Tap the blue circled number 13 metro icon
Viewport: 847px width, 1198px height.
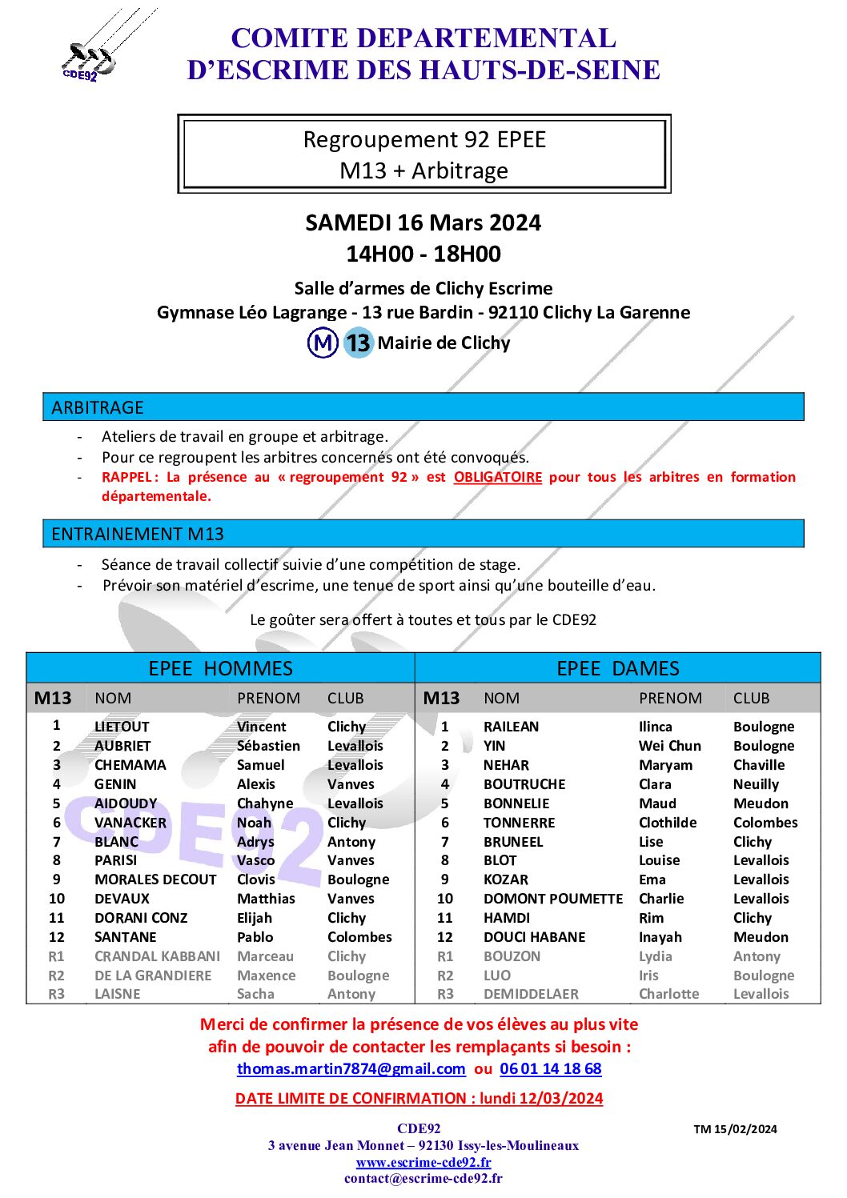[358, 343]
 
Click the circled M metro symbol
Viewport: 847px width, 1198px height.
[323, 343]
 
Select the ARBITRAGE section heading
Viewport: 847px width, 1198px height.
[98, 407]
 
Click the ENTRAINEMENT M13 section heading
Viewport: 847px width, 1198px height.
[138, 534]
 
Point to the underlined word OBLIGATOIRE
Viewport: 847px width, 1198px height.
[497, 477]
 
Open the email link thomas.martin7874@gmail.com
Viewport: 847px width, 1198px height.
[351, 1068]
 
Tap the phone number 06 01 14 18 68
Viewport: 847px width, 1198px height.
[550, 1068]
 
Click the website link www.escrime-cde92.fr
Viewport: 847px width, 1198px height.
[423, 1162]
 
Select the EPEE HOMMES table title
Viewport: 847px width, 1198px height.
[220, 668]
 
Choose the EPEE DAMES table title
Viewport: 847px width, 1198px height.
[617, 668]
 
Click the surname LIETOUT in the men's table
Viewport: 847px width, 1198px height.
[122, 727]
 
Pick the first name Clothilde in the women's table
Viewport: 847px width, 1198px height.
[668, 823]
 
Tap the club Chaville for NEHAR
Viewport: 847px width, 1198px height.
[759, 765]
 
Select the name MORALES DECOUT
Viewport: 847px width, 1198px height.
[155, 879]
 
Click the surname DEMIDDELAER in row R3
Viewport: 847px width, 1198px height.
[531, 994]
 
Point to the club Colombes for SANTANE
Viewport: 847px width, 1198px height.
[359, 937]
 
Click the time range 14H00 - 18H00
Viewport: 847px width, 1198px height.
[423, 254]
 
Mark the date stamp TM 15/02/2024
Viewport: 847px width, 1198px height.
[735, 1129]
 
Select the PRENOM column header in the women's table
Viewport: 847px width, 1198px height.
[670, 698]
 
